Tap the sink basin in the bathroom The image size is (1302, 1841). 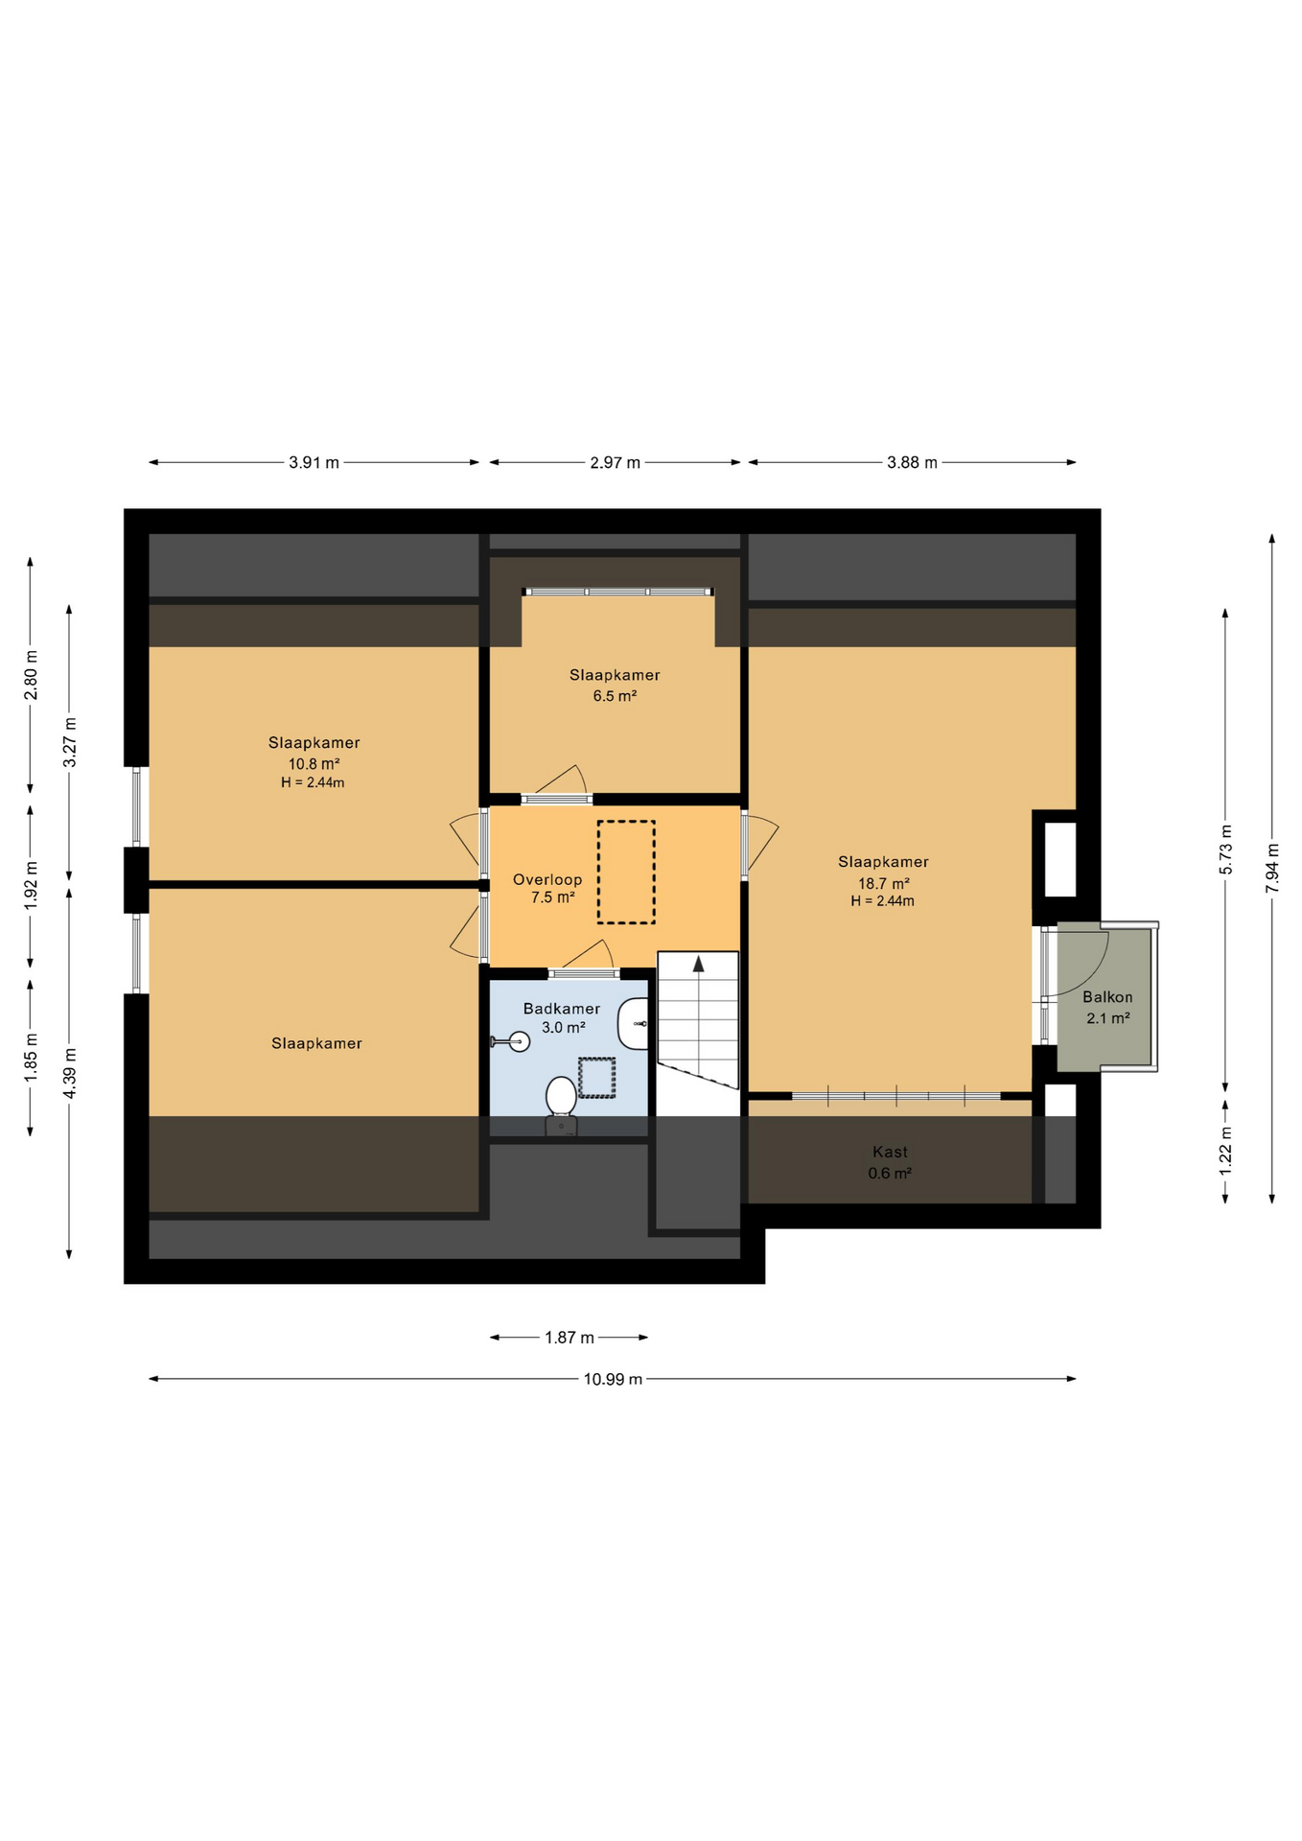tap(635, 1023)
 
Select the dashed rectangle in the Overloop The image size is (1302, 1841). tap(626, 872)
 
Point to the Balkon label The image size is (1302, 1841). tap(1107, 997)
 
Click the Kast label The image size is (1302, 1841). tap(890, 1152)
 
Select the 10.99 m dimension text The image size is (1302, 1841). tap(613, 1379)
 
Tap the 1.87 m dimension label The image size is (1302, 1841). tap(570, 1337)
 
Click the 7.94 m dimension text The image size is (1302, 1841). tap(1272, 868)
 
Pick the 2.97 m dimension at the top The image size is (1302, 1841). tap(615, 462)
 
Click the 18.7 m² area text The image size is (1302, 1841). tap(883, 883)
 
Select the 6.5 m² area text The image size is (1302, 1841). tap(615, 695)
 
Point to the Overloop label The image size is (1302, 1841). tap(547, 879)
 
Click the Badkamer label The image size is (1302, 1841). tap(562, 1008)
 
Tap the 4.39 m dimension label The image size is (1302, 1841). tap(69, 1075)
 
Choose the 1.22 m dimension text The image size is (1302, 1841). tap(1225, 1147)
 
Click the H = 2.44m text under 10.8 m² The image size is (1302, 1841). tap(313, 782)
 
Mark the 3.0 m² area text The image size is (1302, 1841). tap(564, 1027)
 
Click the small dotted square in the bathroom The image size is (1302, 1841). tap(596, 1078)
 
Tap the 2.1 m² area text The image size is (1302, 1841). tap(1107, 1017)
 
